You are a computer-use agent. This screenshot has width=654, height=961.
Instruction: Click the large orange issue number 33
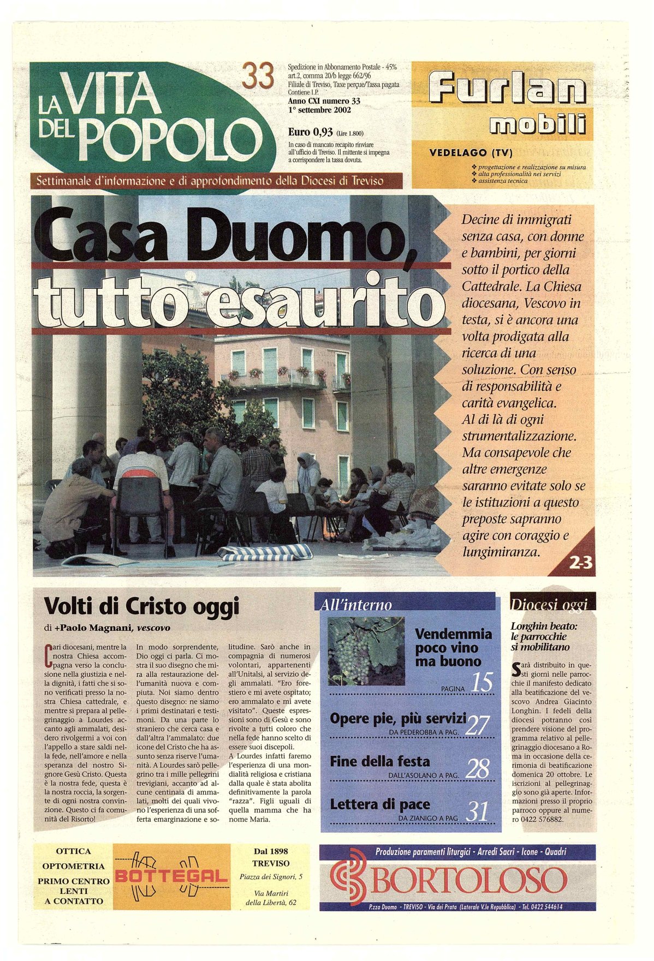[258, 76]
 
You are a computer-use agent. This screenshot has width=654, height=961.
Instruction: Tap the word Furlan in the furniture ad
[507, 89]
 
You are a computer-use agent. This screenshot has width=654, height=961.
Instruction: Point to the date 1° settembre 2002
[319, 110]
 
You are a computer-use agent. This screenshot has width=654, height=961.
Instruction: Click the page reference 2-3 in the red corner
[580, 563]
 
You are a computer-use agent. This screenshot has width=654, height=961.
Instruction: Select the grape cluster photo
[366, 650]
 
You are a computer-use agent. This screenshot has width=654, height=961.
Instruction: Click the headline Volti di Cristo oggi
[141, 606]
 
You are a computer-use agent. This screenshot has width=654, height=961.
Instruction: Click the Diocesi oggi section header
[550, 604]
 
